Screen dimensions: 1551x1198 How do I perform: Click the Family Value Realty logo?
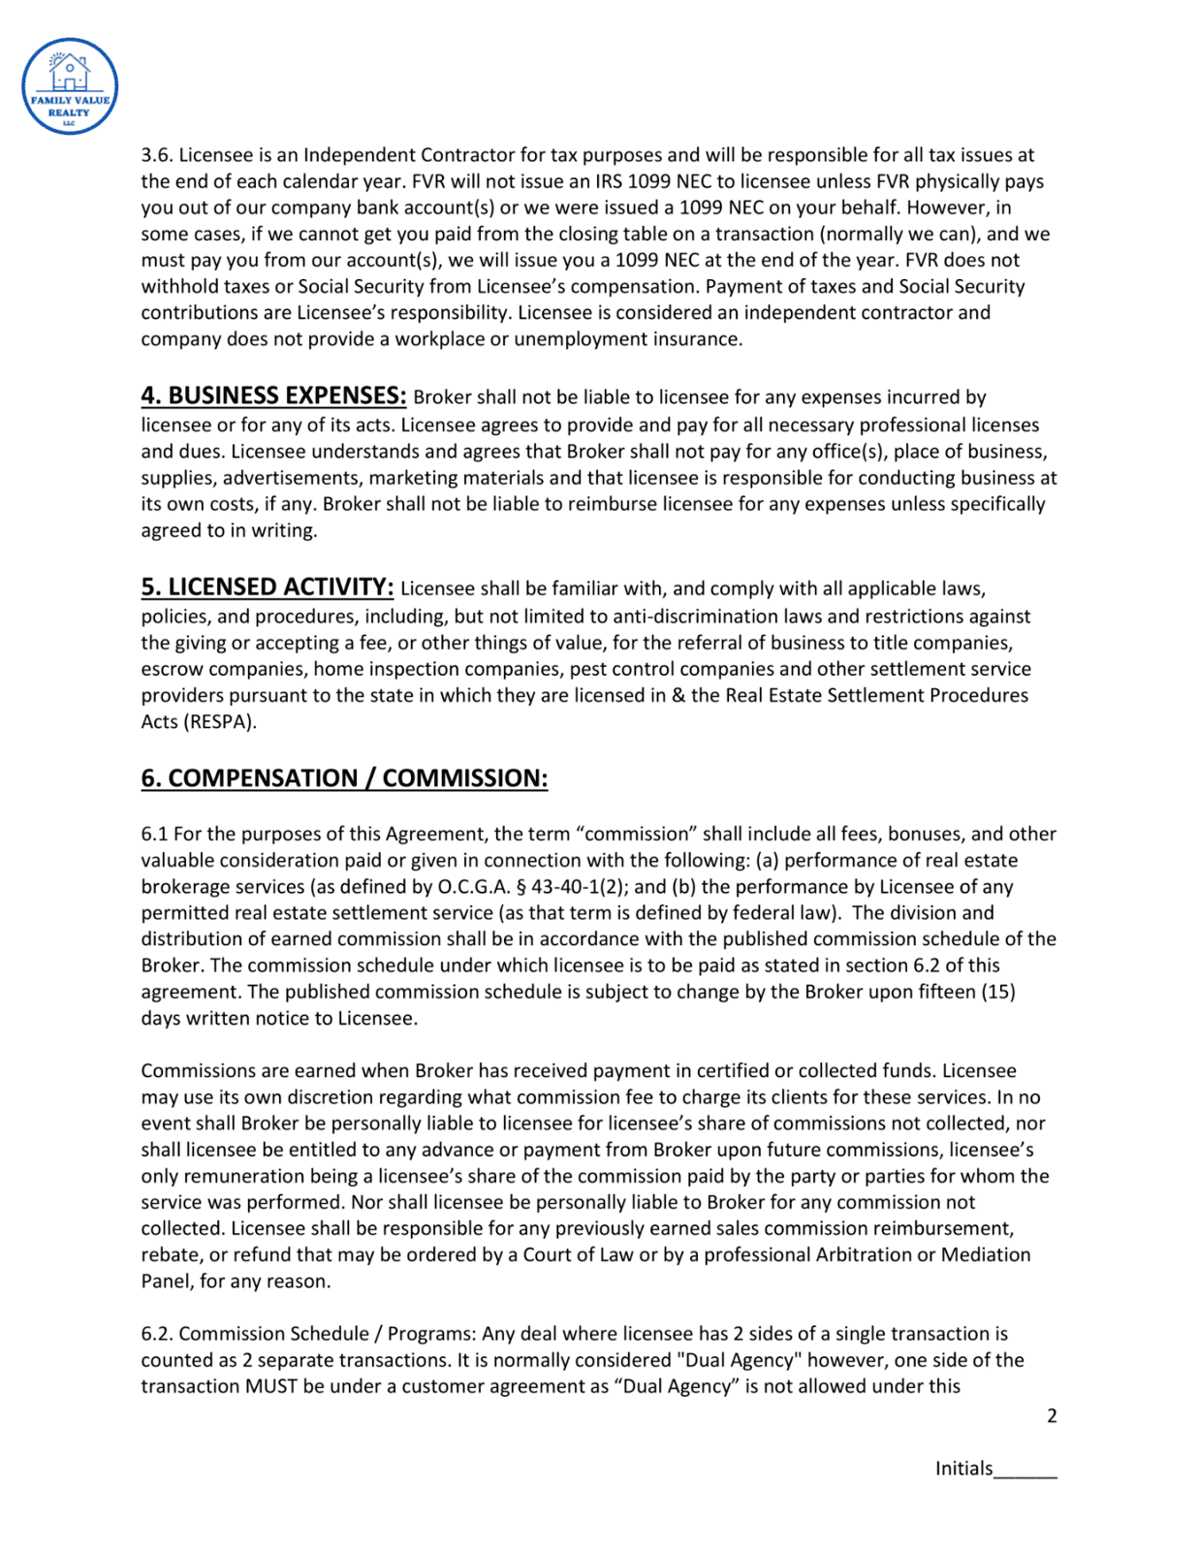tap(70, 86)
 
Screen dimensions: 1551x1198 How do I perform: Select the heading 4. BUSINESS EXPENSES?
tap(273, 396)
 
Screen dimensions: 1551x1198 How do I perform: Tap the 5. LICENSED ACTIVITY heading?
tap(267, 587)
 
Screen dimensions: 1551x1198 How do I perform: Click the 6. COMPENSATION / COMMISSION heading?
tap(344, 778)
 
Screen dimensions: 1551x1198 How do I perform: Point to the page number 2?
tap(1052, 1415)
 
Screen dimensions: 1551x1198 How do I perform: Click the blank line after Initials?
tap(1025, 1470)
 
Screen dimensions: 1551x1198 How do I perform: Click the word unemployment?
tap(571, 339)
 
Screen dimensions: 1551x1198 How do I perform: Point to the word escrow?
tap(171, 669)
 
